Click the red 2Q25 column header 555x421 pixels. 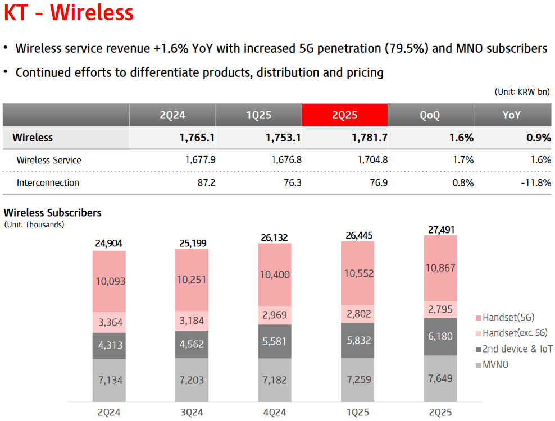[x=344, y=115]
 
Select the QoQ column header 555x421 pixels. [x=430, y=115]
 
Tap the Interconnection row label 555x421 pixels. [x=48, y=182]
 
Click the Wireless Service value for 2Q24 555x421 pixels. [x=200, y=160]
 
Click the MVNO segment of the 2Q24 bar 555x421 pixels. [x=109, y=380]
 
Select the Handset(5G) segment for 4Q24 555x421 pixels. [x=275, y=274]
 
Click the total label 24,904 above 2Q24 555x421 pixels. [x=109, y=244]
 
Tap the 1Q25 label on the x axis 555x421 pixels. [x=357, y=413]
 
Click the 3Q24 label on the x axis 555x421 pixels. [x=192, y=413]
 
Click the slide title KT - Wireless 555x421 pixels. [x=69, y=13]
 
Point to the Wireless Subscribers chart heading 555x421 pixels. [x=53, y=213]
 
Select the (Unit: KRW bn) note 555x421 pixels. [x=521, y=91]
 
